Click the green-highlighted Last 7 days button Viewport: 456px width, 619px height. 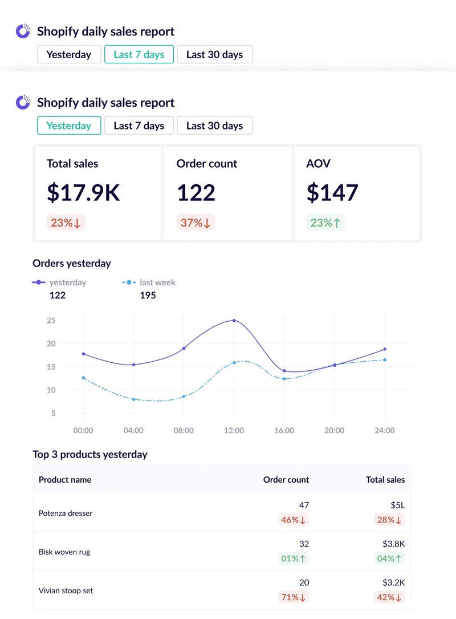coord(139,55)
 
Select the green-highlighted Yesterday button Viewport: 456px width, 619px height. coord(69,126)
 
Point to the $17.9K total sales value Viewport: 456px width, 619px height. coord(83,193)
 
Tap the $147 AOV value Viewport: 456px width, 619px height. coord(332,193)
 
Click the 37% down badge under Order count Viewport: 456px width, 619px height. coord(196,223)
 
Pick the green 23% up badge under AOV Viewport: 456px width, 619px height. coord(325,223)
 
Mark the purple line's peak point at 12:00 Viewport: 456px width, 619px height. coord(234,321)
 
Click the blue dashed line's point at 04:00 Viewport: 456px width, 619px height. coord(133,399)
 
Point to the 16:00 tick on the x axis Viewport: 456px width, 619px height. coord(284,430)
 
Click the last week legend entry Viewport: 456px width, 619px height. coord(149,282)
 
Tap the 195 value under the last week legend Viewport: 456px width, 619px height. coord(148,296)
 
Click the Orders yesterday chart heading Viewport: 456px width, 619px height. coord(72,264)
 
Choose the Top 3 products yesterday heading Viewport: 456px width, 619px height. coord(90,455)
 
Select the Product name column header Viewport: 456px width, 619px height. coord(65,480)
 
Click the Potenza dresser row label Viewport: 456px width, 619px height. coord(66,513)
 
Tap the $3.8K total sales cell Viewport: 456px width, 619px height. coord(393,544)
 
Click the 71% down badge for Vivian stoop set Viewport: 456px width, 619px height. coord(293,597)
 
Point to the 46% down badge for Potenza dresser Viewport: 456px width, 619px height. coord(293,520)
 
